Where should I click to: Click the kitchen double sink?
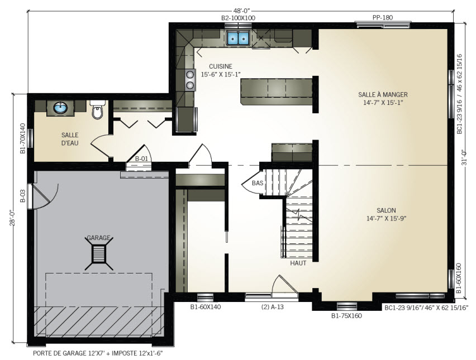click(239, 38)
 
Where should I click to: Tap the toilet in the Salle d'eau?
click(97, 110)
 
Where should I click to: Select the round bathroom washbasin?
click(60, 108)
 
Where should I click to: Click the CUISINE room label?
click(221, 66)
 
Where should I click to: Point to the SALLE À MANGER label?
click(383, 95)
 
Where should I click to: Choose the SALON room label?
click(386, 210)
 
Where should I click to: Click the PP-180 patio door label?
click(383, 18)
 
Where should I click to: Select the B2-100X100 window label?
click(238, 18)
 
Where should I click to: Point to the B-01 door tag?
click(141, 159)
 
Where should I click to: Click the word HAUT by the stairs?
click(298, 263)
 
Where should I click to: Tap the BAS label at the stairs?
click(258, 183)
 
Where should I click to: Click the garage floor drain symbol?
click(99, 253)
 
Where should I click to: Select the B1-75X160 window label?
click(346, 316)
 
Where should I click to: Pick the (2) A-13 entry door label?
click(272, 307)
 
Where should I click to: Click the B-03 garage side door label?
click(22, 196)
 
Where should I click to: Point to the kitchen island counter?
click(276, 92)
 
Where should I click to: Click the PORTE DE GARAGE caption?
click(99, 353)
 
